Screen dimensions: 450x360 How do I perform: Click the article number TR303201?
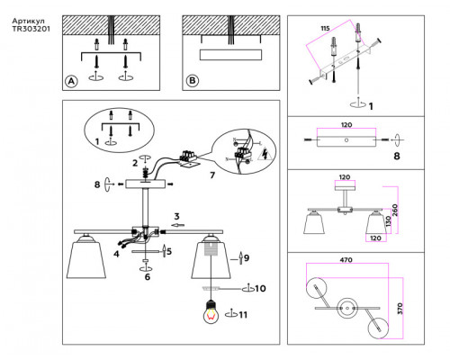[31, 29]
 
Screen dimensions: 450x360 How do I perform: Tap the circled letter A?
[71, 81]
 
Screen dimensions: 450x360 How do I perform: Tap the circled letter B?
[193, 80]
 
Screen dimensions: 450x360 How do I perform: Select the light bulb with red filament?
[211, 312]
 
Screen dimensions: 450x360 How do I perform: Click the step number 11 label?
[243, 315]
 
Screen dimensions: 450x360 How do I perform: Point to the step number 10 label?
[260, 289]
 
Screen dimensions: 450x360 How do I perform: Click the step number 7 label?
[212, 175]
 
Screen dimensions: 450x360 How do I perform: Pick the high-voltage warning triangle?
[265, 155]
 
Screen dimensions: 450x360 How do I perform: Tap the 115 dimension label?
[325, 29]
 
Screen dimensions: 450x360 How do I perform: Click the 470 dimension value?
[346, 260]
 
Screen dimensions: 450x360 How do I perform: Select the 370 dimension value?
[400, 309]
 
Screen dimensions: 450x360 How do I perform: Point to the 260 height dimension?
[395, 210]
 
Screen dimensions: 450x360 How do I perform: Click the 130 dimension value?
[389, 221]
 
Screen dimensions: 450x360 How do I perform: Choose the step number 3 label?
[176, 216]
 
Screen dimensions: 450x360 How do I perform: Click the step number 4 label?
[116, 254]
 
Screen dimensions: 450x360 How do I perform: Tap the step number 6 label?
[148, 277]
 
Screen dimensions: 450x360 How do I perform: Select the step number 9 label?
[247, 257]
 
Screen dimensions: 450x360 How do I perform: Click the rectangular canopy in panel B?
[230, 55]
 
